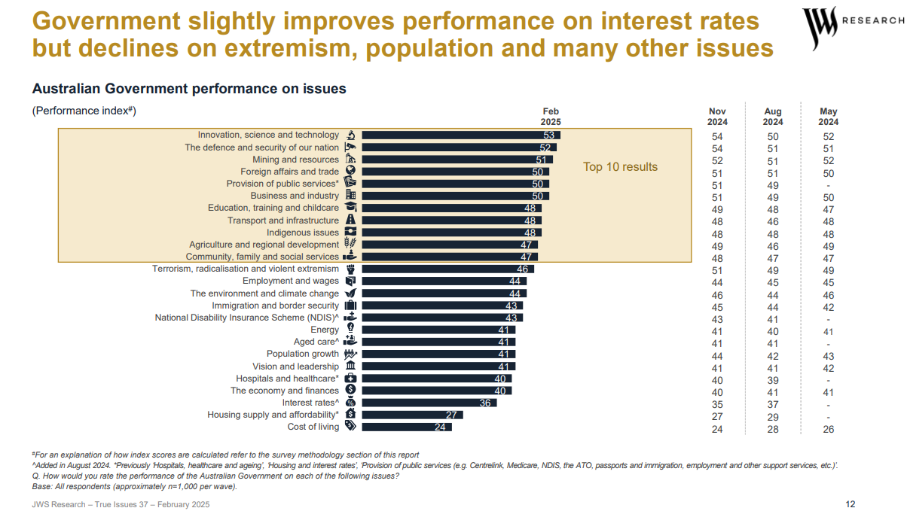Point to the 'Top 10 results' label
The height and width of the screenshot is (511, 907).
pos(620,167)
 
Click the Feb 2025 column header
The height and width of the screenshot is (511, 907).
pos(551,117)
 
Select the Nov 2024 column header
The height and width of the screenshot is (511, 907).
pos(717,117)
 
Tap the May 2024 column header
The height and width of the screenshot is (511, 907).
pos(828,117)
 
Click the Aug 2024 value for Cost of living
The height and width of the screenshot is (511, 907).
pos(772,429)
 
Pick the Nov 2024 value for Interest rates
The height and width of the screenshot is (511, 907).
pos(717,405)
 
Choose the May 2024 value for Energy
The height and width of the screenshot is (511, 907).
pos(828,331)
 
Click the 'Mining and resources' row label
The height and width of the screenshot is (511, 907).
pos(295,160)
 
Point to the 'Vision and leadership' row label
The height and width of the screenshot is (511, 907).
pos(295,367)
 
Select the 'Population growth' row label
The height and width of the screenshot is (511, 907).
pos(302,354)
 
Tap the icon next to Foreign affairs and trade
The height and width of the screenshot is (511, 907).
pos(350,172)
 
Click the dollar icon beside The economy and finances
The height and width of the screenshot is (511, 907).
pos(350,390)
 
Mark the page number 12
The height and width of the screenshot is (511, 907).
pos(851,504)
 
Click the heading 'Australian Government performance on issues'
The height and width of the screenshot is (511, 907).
pos(189,89)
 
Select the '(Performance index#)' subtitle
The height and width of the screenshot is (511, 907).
pos(84,111)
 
